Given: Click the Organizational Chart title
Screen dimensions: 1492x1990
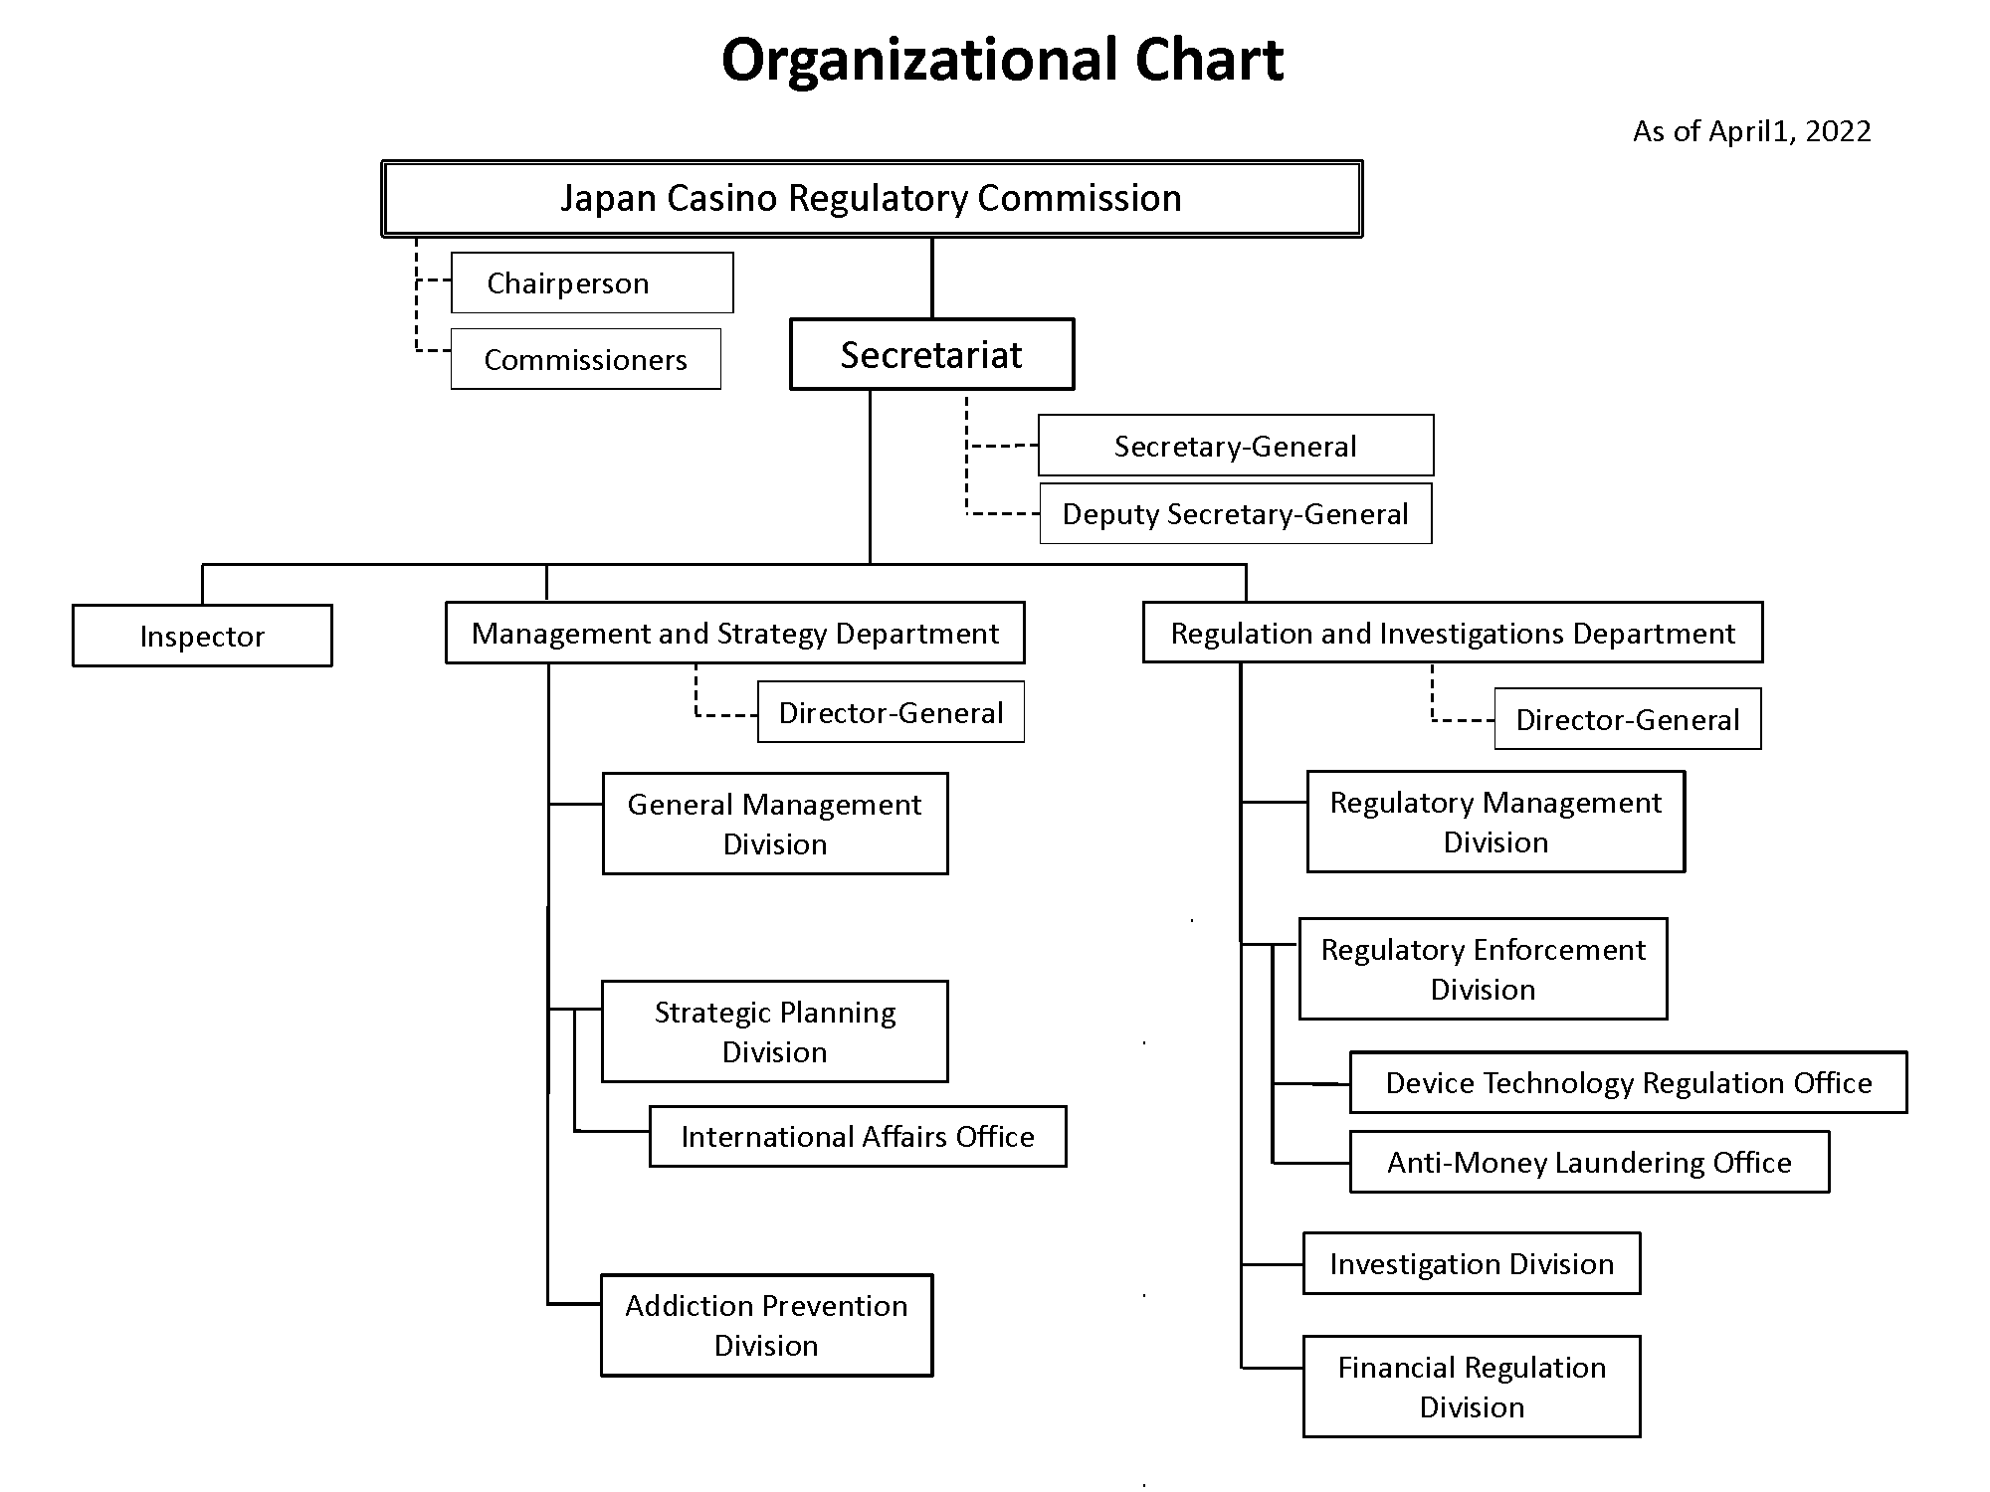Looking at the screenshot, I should point(1002,60).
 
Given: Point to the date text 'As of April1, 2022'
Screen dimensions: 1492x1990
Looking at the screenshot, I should point(1751,131).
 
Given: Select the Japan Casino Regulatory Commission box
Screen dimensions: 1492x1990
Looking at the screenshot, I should point(872,199).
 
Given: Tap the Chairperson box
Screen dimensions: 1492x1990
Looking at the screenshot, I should point(592,283).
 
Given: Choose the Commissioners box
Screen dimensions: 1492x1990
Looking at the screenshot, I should point(585,359).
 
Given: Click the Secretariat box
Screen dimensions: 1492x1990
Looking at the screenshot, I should point(931,355).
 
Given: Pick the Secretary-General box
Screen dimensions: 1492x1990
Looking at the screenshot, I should point(1235,446).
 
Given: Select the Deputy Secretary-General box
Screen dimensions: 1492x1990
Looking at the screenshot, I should point(1235,514).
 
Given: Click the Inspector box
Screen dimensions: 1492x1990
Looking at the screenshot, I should point(202,637).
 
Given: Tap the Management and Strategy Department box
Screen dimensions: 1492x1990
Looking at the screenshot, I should point(734,634).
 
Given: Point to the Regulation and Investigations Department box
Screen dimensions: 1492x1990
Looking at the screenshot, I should point(1453,634).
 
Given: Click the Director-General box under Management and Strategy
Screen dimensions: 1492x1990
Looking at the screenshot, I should point(891,712).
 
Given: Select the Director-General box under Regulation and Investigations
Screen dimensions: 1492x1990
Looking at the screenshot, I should point(1627,719).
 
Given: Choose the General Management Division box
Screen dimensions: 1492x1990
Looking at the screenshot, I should point(774,824).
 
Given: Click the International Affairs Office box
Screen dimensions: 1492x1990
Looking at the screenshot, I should point(858,1137).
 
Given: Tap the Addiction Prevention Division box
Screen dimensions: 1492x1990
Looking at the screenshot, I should point(766,1326).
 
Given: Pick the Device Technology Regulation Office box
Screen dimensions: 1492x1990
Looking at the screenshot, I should point(1628,1082).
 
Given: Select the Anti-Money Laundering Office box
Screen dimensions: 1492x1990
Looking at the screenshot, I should point(1589,1162).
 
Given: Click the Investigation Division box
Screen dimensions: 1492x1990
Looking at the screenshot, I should point(1472,1264).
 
